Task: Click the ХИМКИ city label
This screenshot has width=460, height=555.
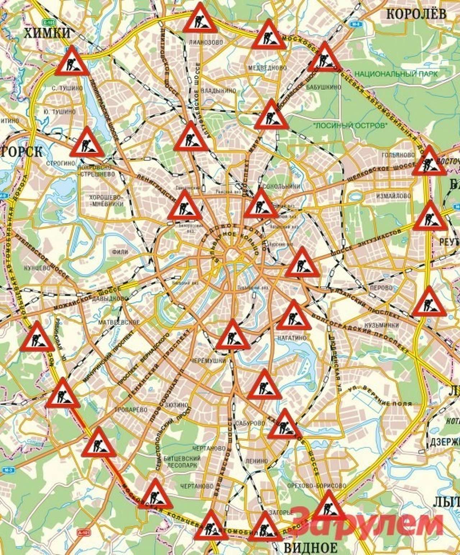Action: pyautogui.click(x=47, y=33)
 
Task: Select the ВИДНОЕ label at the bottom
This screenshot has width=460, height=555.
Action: pyautogui.click(x=310, y=547)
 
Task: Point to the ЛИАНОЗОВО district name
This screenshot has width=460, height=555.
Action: pyautogui.click(x=206, y=42)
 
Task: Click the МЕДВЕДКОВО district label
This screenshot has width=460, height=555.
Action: pyautogui.click(x=268, y=68)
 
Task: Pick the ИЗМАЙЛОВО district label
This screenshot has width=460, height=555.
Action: pyautogui.click(x=393, y=196)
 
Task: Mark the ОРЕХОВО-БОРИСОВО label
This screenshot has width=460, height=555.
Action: pyautogui.click(x=317, y=486)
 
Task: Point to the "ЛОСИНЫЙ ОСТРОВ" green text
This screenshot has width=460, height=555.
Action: pyautogui.click(x=351, y=126)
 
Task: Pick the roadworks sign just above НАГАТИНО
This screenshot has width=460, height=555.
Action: pyautogui.click(x=294, y=316)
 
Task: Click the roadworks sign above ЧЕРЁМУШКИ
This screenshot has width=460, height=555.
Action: pyautogui.click(x=233, y=335)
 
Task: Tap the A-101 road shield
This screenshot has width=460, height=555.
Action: pyautogui.click(x=83, y=531)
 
